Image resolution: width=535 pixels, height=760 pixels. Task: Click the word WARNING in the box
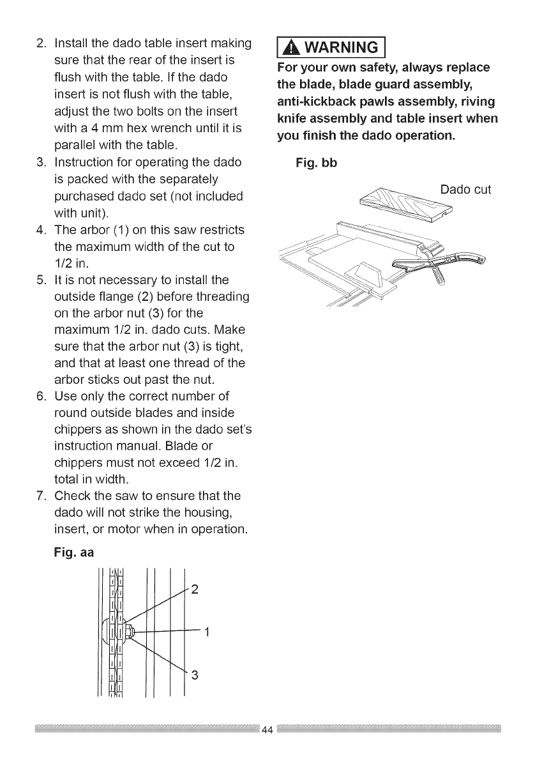[x=336, y=47]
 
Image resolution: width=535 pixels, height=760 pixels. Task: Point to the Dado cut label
[x=465, y=190]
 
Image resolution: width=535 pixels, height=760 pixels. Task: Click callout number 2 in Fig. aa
[x=195, y=588]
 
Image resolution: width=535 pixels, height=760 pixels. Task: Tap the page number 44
[x=267, y=730]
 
